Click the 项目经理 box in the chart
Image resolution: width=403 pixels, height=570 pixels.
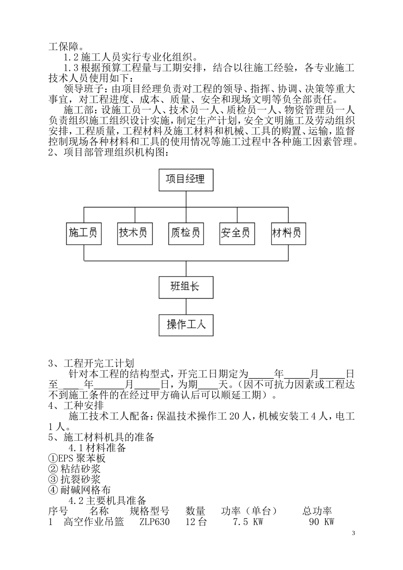185,179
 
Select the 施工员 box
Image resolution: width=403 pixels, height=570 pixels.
84,233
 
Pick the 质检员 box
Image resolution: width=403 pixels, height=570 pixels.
185,233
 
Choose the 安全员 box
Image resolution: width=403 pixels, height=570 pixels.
236,233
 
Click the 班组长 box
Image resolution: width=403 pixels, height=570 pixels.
185,287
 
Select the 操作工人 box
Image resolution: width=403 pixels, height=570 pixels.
185,325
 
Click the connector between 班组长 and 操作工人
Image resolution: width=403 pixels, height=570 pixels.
185,306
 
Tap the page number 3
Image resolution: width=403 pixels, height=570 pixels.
353,533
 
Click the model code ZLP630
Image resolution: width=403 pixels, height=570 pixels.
154,522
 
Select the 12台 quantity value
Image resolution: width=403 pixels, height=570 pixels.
196,522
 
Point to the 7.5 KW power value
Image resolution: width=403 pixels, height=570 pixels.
248,522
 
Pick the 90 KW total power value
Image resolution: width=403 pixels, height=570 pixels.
322,522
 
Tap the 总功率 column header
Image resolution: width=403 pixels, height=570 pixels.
317,511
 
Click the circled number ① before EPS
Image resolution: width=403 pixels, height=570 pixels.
53,458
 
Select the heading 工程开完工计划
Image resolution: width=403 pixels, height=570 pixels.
98,363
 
